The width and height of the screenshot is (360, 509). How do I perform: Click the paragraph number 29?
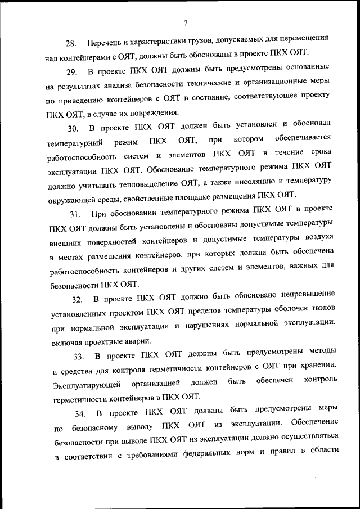[x=71, y=74]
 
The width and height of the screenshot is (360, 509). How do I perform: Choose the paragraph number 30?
[x=73, y=129]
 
